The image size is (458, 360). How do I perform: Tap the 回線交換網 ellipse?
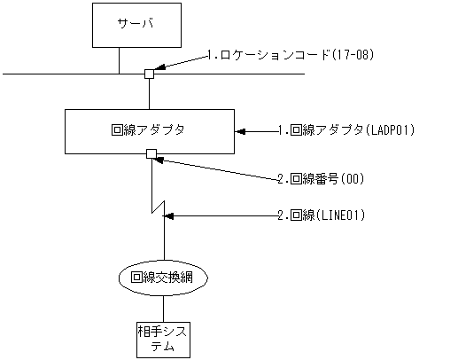click(x=163, y=278)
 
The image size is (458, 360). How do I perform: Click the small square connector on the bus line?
click(x=150, y=74)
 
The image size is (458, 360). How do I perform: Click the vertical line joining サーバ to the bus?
click(x=118, y=60)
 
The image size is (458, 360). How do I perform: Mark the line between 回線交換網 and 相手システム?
click(x=163, y=307)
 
